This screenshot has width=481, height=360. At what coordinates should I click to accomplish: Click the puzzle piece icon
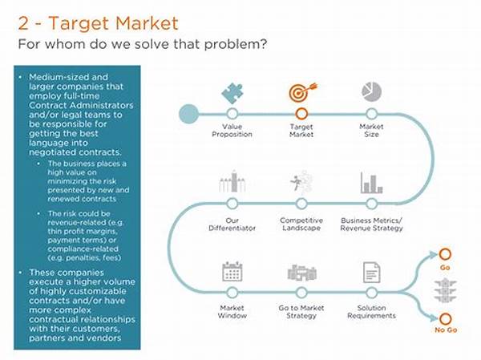coord(232,93)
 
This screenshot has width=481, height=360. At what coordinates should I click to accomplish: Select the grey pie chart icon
coord(371,91)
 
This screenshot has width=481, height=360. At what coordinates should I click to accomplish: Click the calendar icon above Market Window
coord(232,271)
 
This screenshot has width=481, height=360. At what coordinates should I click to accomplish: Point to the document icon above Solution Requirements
coord(371,273)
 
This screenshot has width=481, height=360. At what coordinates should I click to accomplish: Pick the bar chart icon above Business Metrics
coord(371,183)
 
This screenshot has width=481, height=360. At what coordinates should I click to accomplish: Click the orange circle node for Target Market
coord(301,114)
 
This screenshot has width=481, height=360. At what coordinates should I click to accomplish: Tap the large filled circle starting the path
coord(188,114)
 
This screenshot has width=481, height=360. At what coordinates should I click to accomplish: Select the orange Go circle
coord(445,254)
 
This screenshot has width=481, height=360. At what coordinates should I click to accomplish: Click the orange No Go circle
coord(445,319)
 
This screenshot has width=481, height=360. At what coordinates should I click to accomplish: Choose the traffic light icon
coord(446,290)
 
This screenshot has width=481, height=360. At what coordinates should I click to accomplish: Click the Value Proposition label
coord(232,131)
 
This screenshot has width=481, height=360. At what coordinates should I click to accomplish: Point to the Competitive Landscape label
coord(301,224)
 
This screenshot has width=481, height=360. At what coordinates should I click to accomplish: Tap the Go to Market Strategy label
coord(301,312)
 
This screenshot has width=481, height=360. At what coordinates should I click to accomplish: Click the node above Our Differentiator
coord(232,203)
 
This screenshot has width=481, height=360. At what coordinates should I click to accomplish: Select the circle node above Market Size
coord(371,114)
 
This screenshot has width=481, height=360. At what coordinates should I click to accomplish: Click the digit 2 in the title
coord(23,23)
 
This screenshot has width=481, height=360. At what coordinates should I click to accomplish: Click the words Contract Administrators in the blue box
coord(81,105)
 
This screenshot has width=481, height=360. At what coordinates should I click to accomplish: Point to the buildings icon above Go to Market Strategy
coord(302,273)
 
